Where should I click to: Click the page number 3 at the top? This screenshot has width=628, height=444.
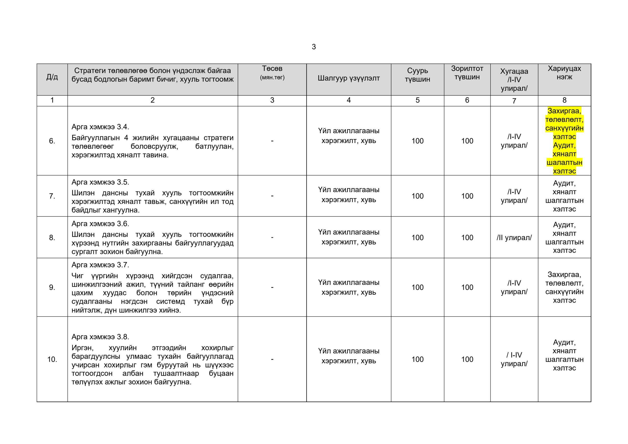pos(314,47)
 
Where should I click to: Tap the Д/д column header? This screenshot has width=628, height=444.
pos(52,77)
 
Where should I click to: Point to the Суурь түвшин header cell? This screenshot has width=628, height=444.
pos(417,75)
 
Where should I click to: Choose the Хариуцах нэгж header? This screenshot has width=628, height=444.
pos(564,73)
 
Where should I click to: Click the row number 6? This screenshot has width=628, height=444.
pos(52,141)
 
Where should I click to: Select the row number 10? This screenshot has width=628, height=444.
pos(52,359)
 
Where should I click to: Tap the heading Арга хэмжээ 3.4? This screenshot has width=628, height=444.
pos(100,127)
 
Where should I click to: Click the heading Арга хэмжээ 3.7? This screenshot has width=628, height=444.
pos(100,265)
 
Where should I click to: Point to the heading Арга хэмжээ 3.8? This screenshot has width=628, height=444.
pos(100,337)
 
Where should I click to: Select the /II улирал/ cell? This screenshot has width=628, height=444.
pos(514,237)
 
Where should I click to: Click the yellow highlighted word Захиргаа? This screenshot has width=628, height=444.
pos(564,111)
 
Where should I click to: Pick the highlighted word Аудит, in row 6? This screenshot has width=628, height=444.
pos(564,145)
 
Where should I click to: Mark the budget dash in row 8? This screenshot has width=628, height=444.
pos(272,237)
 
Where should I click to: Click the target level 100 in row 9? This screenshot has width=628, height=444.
pos(467,287)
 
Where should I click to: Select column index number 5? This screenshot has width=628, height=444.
pos(417,100)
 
